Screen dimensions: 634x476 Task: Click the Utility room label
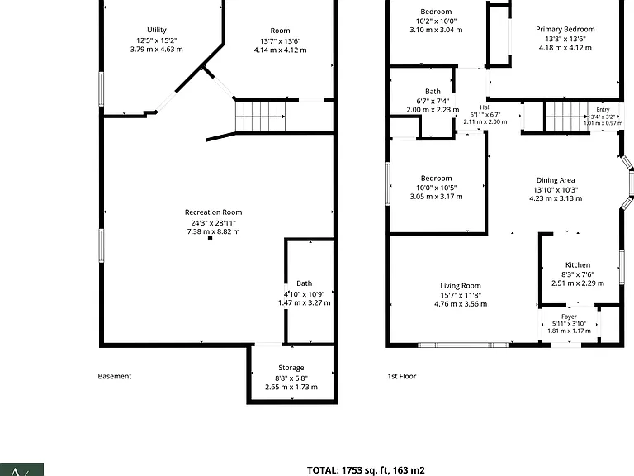coord(157,30)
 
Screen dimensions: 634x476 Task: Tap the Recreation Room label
coord(214,212)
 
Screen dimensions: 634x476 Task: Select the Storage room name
coord(291,368)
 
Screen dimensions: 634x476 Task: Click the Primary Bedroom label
coord(565,29)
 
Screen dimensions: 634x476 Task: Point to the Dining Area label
coord(556,180)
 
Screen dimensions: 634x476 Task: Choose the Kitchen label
coord(578,264)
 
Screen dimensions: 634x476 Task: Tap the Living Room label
coord(461,286)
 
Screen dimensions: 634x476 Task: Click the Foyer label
coord(569,317)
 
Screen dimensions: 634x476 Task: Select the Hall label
coord(485,107)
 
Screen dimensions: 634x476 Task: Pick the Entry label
coord(603,110)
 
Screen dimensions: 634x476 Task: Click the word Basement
coord(115,376)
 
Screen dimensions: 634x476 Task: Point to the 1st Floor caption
coord(402,376)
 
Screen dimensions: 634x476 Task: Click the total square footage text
coord(366,470)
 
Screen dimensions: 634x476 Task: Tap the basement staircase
coord(260,117)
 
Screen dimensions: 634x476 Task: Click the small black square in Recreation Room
coord(210,238)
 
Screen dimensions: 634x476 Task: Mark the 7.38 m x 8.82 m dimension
coord(213,231)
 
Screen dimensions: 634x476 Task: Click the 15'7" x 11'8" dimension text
coord(461,295)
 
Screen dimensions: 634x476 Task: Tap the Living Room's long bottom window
coord(463,345)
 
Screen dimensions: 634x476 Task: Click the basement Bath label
coord(304,283)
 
